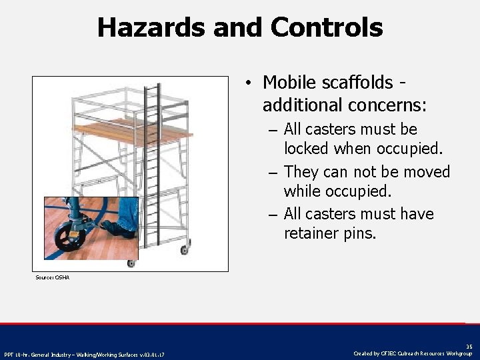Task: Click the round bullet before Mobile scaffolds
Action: point(247,83)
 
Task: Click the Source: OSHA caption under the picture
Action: point(52,277)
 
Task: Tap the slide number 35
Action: point(469,346)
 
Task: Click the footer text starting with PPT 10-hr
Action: point(85,353)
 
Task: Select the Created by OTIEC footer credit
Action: point(414,353)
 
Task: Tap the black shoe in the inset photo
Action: point(116,229)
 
